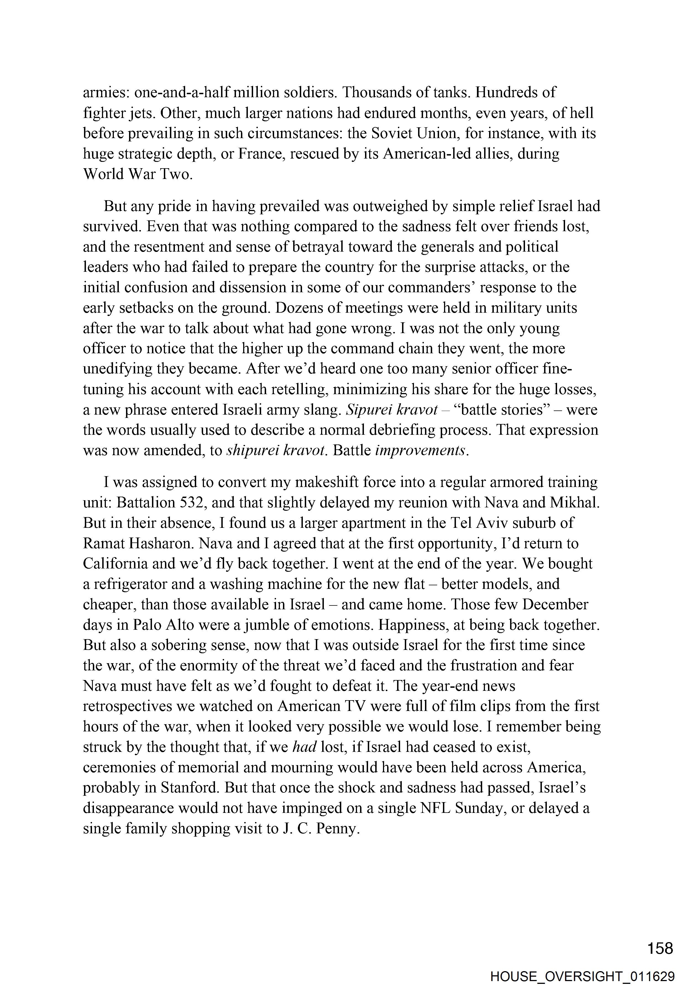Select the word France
click(x=261, y=154)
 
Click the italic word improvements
click(x=420, y=451)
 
